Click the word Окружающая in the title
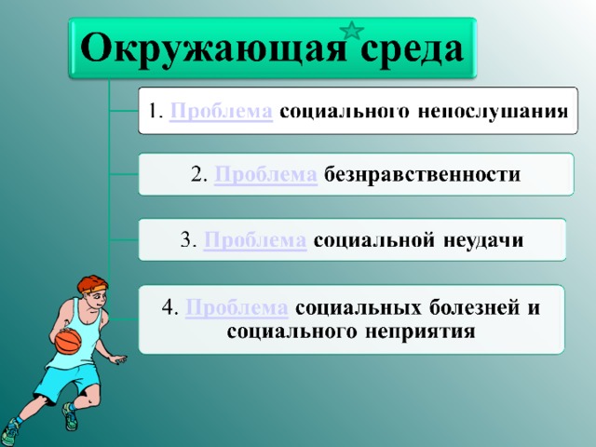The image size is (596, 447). coord(213,49)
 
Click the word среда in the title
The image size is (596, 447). coord(412,48)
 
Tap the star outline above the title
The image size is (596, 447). coord(352,31)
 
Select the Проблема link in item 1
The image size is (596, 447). coord(221,112)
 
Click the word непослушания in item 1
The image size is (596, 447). coord(493,112)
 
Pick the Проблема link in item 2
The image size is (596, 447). coord(265,175)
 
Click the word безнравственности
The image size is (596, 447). coord(422,175)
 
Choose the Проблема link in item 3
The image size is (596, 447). coord(255,240)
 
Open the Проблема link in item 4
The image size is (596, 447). coord(237,307)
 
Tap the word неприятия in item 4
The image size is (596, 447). coord(420,332)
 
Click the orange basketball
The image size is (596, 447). coord(68,341)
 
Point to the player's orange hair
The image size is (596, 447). coord(92,283)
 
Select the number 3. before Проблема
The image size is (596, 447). coord(188,240)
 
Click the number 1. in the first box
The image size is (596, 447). coord(156,112)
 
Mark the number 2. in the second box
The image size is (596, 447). coord(198,175)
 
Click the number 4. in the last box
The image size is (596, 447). coord(169,307)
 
